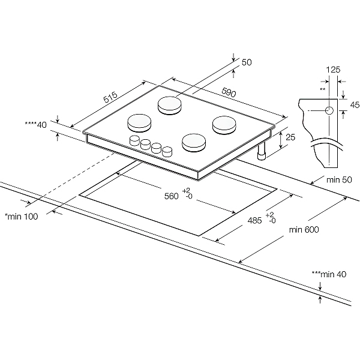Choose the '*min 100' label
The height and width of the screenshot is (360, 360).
(x=21, y=217)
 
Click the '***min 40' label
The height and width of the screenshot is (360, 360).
(x=329, y=274)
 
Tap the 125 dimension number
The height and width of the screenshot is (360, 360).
(x=332, y=69)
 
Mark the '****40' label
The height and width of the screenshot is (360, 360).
(x=35, y=125)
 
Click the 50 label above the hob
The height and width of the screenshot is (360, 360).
(x=246, y=62)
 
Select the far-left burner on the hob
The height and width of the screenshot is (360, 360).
(x=139, y=122)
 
